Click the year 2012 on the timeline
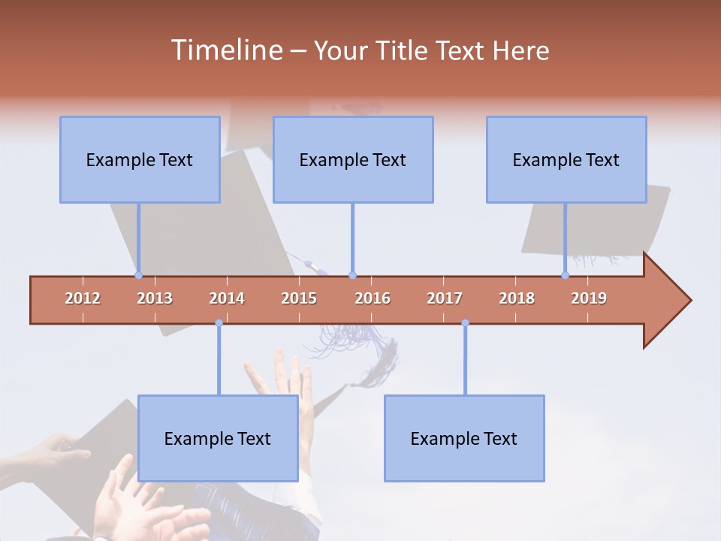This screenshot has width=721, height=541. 83,298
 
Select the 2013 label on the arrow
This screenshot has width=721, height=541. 155,298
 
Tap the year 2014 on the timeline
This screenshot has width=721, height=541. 227,298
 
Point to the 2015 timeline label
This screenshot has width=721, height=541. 299,298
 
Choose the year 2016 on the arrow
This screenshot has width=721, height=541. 373,298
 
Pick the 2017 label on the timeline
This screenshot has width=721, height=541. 445,298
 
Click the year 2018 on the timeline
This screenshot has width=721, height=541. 517,298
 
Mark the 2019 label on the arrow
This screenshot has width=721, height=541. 589,298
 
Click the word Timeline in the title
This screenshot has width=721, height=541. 225,50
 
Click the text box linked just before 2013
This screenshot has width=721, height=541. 140,159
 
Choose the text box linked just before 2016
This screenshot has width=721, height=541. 353,159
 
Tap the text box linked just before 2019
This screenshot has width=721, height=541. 566,159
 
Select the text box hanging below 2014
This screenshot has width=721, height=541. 218,438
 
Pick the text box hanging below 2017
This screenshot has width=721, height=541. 464,438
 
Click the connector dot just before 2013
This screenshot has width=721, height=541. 138,276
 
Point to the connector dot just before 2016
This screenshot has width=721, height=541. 352,276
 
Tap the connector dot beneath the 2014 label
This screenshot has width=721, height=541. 219,323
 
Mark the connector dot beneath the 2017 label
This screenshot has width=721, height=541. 465,323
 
